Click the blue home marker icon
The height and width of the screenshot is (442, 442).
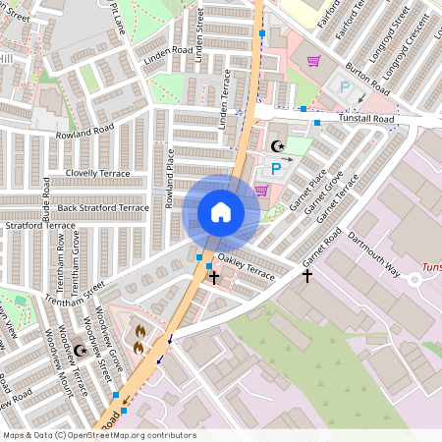221,212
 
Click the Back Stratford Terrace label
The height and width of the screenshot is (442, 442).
103,208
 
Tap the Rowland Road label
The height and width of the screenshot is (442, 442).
84,131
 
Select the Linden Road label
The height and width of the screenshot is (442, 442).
167,50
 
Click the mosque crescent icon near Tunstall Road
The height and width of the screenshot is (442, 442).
277,146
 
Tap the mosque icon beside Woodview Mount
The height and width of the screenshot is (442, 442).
81,349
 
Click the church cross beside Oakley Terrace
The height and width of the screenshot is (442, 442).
214,278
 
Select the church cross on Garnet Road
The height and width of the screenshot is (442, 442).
306,277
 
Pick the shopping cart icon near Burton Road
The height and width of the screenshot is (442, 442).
313,62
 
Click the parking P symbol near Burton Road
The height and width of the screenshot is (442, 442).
344,86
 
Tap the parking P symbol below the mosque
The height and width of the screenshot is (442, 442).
276,169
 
